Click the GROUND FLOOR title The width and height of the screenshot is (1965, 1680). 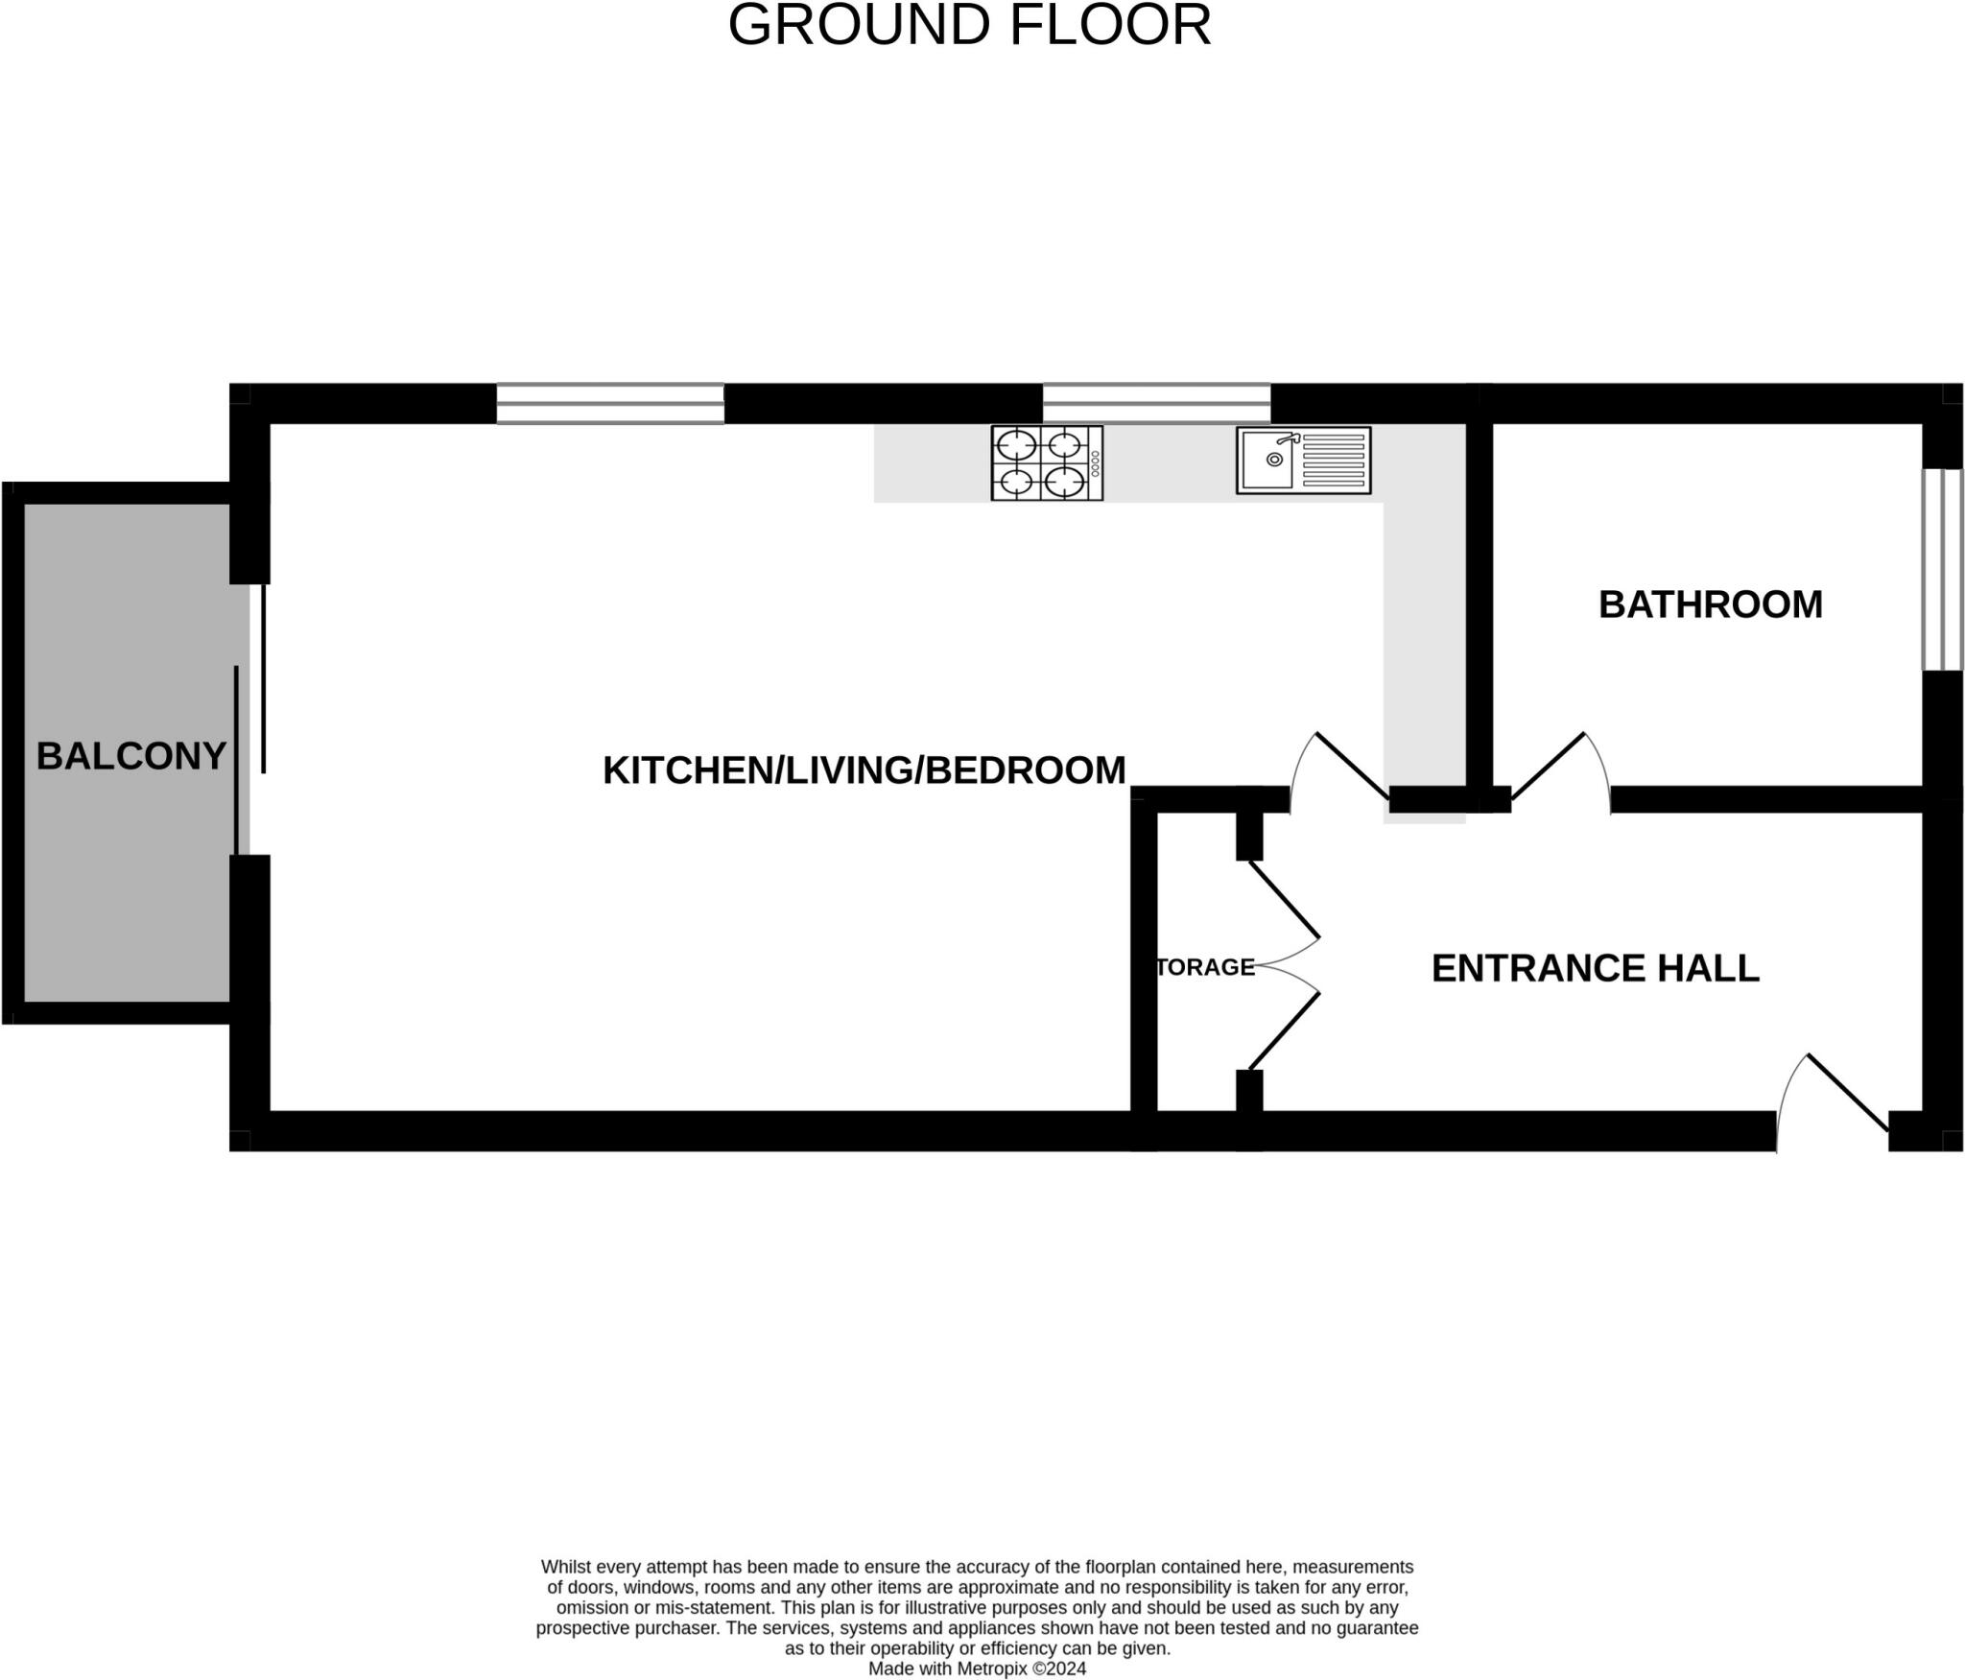click(969, 26)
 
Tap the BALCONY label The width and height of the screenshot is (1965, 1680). click(131, 757)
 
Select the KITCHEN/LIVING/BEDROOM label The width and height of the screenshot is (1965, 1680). click(864, 770)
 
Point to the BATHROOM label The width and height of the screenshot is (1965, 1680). click(1710, 604)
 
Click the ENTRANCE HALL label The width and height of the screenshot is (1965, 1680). click(1595, 968)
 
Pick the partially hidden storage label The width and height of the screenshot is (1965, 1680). click(1206, 967)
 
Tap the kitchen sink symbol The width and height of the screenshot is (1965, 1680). click(1303, 461)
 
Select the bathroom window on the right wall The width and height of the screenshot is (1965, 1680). click(1942, 569)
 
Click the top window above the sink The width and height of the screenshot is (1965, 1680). click(1156, 403)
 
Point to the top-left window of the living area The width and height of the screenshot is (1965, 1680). click(610, 403)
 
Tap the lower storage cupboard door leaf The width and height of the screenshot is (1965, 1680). click(1283, 1031)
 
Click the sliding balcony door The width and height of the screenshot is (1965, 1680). click(249, 720)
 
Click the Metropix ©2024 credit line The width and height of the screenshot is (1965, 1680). click(977, 1668)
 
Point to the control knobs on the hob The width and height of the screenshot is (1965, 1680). click(1095, 464)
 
